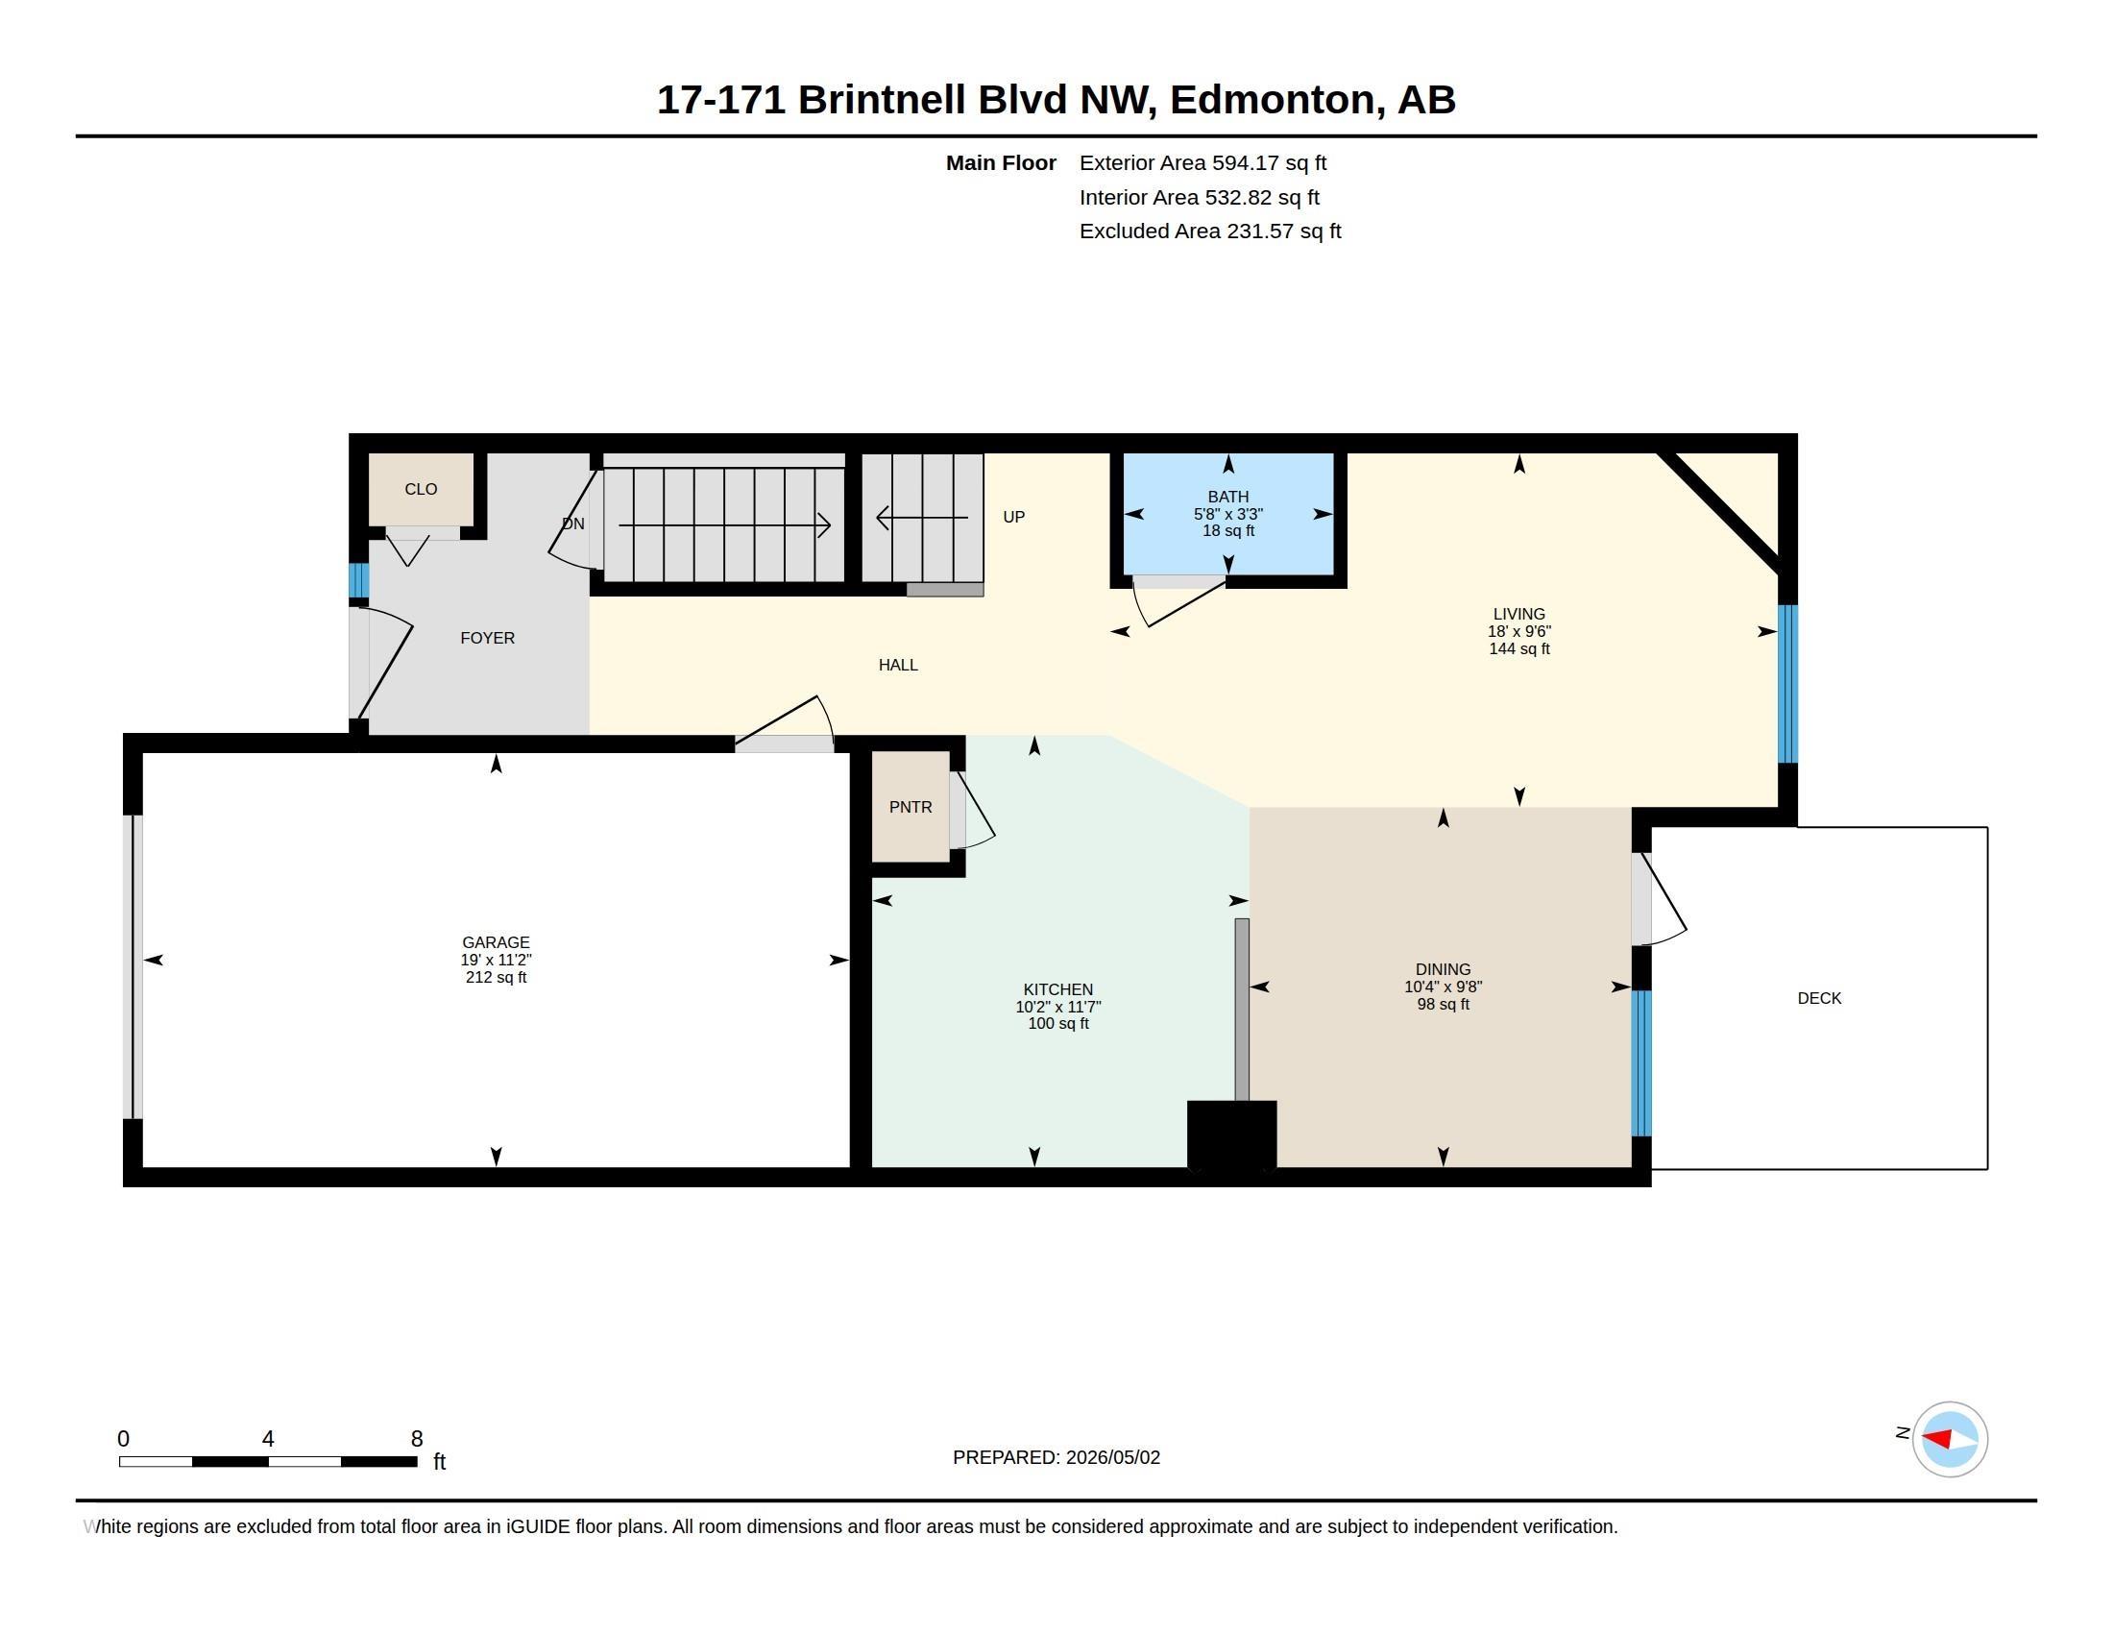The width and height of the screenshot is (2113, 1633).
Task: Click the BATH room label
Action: (1227, 497)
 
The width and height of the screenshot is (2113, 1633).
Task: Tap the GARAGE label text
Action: (496, 942)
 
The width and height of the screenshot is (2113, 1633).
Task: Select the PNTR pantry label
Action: (911, 807)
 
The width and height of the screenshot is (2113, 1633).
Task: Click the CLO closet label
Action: (421, 490)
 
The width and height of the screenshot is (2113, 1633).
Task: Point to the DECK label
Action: (1819, 998)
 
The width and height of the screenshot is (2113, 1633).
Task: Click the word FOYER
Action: (488, 639)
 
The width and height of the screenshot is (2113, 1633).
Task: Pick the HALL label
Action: (898, 666)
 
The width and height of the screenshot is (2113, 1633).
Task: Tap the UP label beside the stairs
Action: (1014, 518)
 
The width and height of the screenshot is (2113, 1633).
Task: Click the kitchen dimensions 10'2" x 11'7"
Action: (1058, 1007)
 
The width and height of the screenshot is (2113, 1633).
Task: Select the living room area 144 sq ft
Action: (1519, 649)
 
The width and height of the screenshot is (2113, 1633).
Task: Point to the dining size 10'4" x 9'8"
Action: (1444, 987)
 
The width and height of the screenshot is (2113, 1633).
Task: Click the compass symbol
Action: (1950, 1440)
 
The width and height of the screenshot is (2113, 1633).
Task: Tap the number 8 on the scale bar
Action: (417, 1439)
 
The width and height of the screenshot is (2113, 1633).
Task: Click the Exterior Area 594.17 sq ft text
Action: (1202, 163)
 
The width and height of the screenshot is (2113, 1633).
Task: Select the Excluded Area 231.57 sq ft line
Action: (1210, 232)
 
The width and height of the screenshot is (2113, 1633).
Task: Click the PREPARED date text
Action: (1056, 1458)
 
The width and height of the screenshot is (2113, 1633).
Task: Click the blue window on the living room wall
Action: (1788, 684)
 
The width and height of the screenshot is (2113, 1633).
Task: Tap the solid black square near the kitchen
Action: (1231, 1134)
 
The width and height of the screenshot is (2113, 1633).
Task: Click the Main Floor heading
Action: (1001, 163)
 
